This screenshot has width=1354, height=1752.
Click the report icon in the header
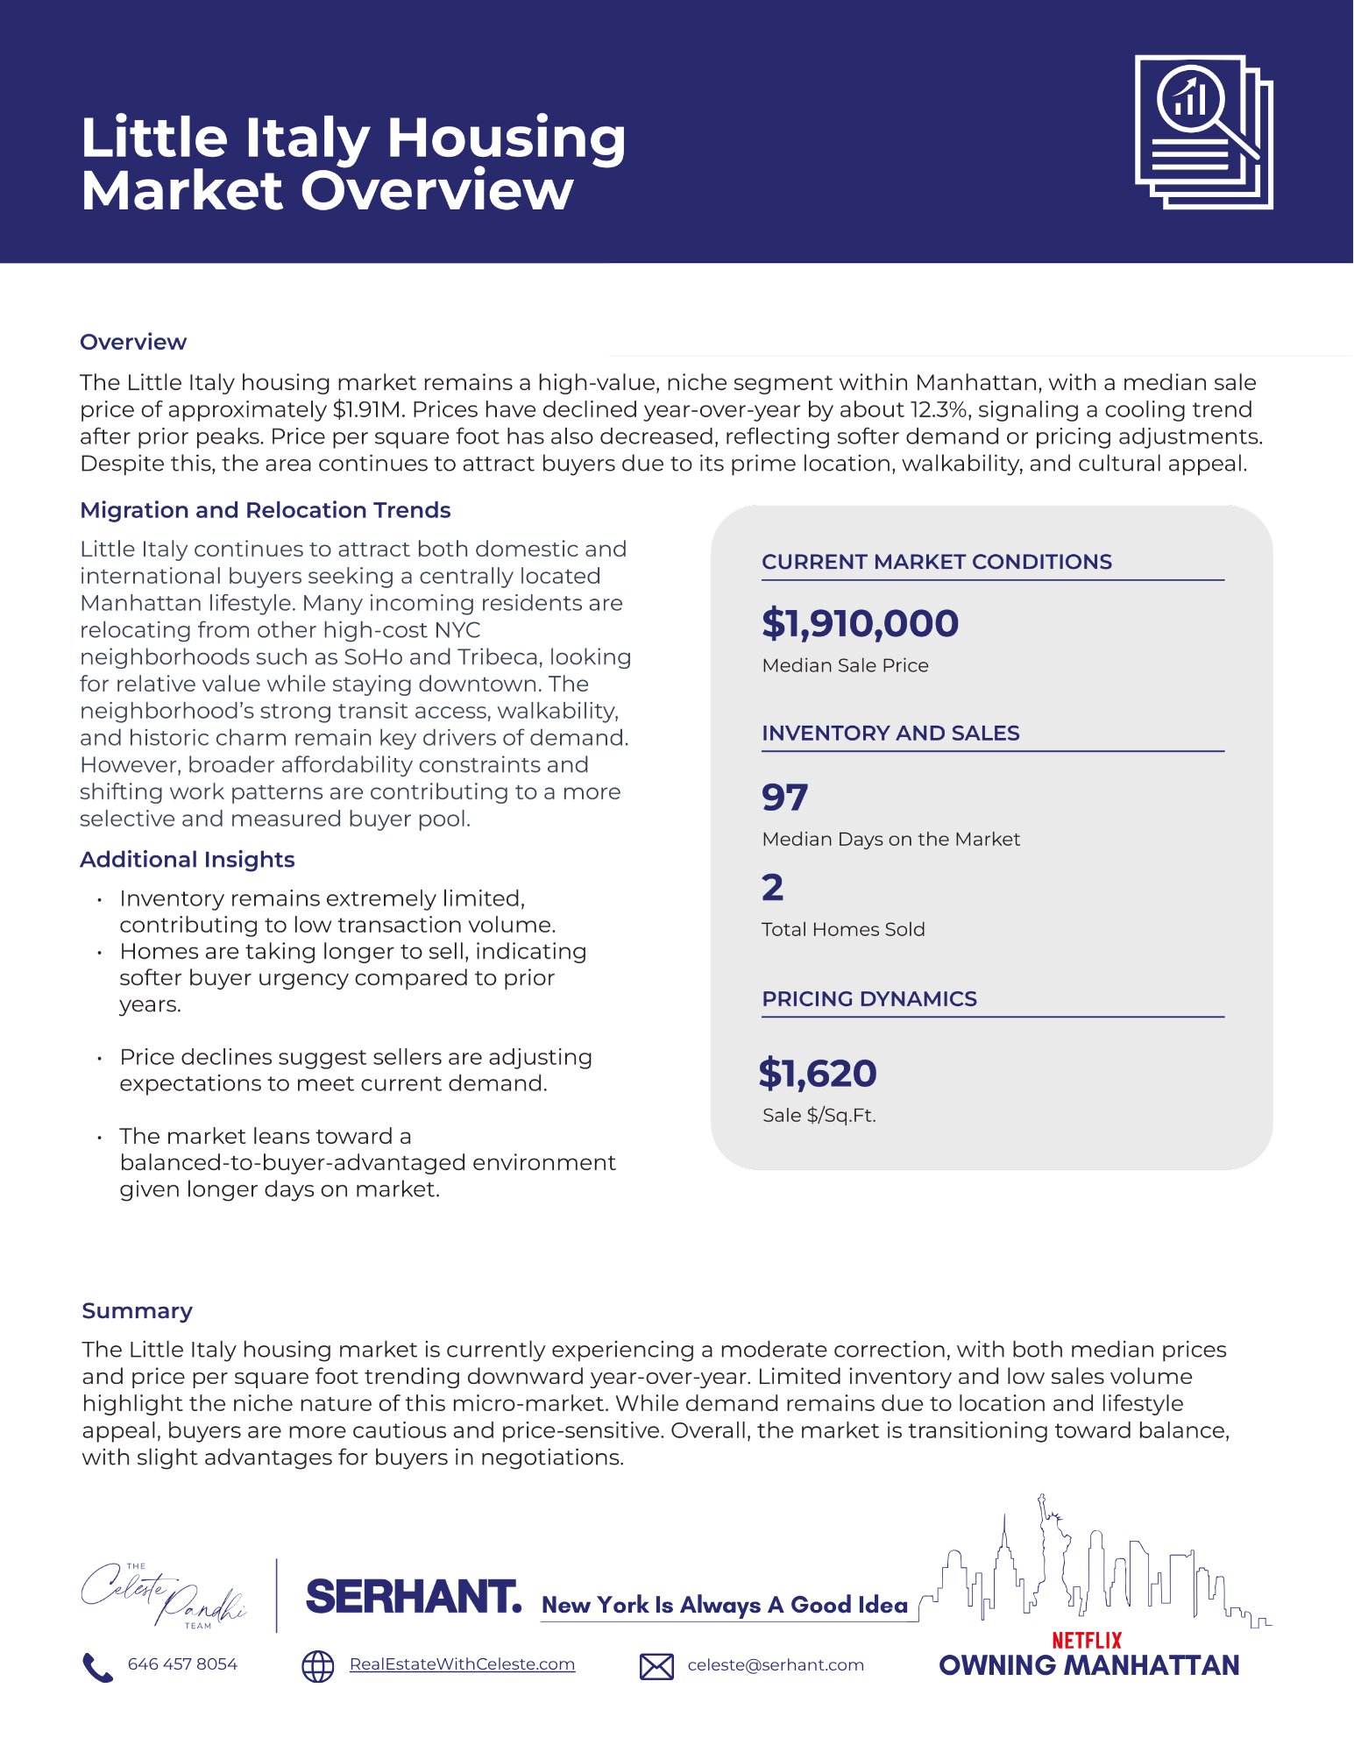(1203, 131)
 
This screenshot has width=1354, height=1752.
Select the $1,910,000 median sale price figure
(860, 623)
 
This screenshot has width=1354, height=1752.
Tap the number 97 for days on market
(784, 797)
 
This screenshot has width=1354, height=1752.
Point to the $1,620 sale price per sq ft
(818, 1073)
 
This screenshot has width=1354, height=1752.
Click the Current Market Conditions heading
(936, 562)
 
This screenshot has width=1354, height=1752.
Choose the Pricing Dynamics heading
(868, 998)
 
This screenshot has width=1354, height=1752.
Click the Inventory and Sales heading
(890, 733)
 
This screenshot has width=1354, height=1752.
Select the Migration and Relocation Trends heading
(265, 510)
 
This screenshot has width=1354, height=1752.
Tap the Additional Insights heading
(187, 859)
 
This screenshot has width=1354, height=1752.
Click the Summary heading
(137, 1310)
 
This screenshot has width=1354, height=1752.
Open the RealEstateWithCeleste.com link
(462, 1663)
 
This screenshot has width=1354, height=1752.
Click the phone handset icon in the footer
(97, 1667)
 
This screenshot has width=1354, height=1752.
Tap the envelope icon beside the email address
(656, 1666)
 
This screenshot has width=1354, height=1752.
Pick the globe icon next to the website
(318, 1666)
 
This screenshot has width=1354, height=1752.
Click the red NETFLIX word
(1087, 1640)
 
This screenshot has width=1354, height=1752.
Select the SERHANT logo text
(413, 1597)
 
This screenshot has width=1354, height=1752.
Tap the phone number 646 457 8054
(182, 1663)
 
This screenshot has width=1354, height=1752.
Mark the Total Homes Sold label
(843, 929)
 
